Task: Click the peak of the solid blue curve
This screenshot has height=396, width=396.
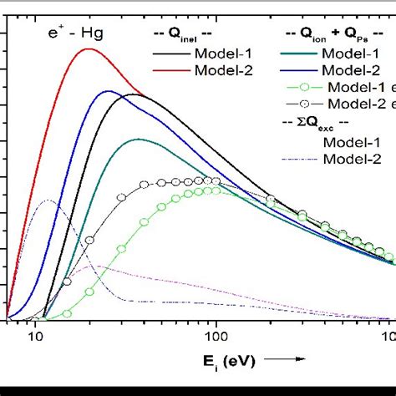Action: (x=107, y=91)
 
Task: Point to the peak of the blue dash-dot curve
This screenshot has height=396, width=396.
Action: (x=50, y=201)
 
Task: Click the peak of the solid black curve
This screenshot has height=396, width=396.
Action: (x=134, y=94)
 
